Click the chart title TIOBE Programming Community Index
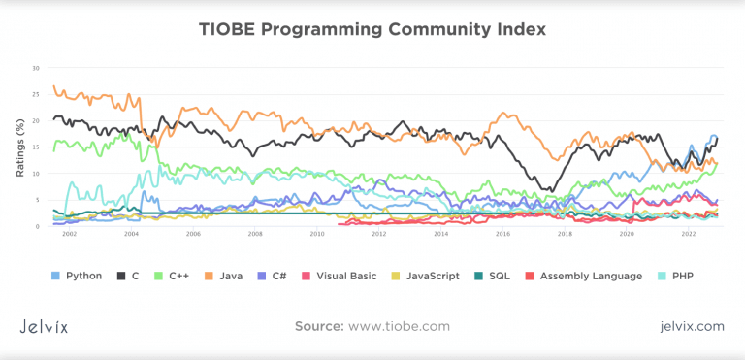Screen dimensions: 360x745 pos(372,29)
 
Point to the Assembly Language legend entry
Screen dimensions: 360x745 pos(588,276)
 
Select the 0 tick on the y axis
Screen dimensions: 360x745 pos(38,226)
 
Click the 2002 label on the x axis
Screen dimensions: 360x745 pos(68,235)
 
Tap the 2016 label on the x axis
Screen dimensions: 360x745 pos(502,235)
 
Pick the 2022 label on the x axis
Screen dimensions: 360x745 pos(689,235)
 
